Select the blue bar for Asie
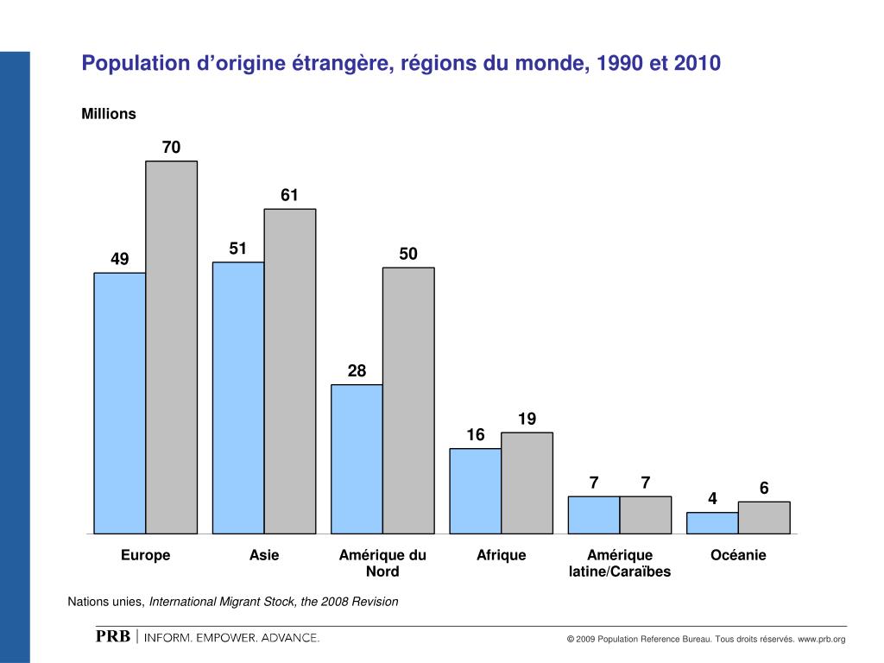tap(238, 398)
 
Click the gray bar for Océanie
tap(764, 517)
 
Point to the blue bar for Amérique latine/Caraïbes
tap(594, 515)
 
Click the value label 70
tap(172, 148)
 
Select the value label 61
tap(289, 196)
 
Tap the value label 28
tap(357, 371)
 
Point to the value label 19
tap(527, 420)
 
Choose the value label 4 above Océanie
tap(712, 499)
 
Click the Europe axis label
tap(145, 555)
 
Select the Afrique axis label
tap(501, 555)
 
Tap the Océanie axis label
tap(738, 555)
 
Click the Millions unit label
tap(109, 114)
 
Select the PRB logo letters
tap(112, 637)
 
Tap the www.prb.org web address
tap(821, 639)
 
